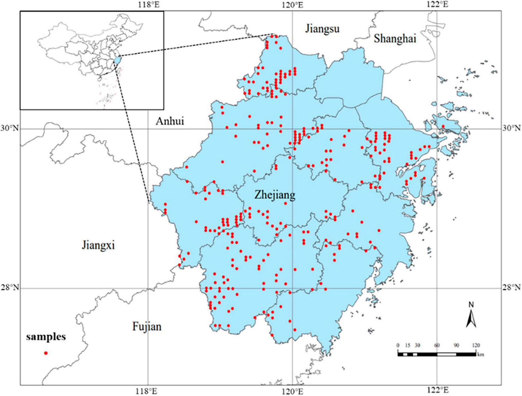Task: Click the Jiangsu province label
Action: pyautogui.click(x=322, y=29)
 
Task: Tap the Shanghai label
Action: pyautogui.click(x=395, y=39)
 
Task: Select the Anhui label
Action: pyautogui.click(x=170, y=121)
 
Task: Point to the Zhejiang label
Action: pyautogui.click(x=275, y=195)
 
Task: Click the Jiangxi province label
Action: pyautogui.click(x=98, y=245)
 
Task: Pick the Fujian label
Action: pyautogui.click(x=147, y=326)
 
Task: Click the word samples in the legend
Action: pyautogui.click(x=46, y=337)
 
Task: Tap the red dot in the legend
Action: pyautogui.click(x=46, y=353)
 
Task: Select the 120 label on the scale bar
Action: pyautogui.click(x=476, y=345)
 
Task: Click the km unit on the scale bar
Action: pyautogui.click(x=480, y=354)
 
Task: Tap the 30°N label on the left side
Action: pyautogui.click(x=9, y=128)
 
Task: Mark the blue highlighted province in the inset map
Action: pyautogui.click(x=117, y=61)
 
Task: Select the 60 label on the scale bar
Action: pyautogui.click(x=437, y=345)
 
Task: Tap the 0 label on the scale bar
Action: pyautogui.click(x=398, y=345)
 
